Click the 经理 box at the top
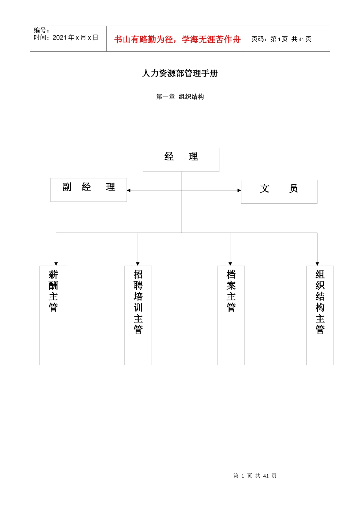tap(181, 159)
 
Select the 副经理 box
tap(88, 190)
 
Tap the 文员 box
tap(279, 192)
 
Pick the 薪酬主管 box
tap(53, 315)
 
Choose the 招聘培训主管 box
tap(138, 315)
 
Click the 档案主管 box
tap(231, 315)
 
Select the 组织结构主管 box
tap(320, 315)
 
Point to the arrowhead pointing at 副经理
tap(129, 190)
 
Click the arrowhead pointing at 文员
tap(239, 190)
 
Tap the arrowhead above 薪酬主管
tap(56, 264)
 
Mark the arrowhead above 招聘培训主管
tap(138, 264)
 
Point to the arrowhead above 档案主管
tap(230, 264)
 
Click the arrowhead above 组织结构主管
tap(317, 264)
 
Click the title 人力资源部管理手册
tap(180, 73)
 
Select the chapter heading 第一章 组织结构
tap(180, 97)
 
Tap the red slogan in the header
tap(177, 39)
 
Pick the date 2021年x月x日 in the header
tap(75, 37)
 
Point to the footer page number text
tap(255, 476)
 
